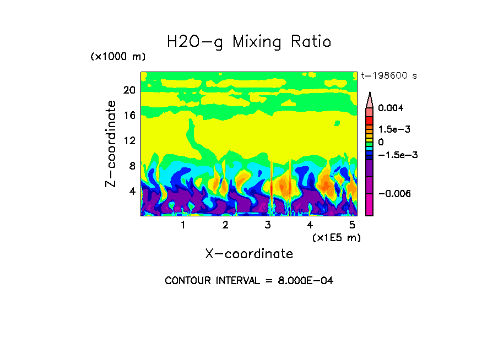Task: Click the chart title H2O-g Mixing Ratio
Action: point(249,42)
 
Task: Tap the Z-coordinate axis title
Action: point(111,144)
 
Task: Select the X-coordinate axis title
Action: point(249,254)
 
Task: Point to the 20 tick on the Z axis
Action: point(129,90)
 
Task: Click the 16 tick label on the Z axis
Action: point(129,115)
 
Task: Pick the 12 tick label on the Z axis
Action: point(129,140)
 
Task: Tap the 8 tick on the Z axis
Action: point(132,166)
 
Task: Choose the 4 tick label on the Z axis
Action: point(132,192)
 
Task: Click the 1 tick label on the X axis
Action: point(183,225)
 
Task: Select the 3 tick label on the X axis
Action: point(268,225)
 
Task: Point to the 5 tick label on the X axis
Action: point(353,225)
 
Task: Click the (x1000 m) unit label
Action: point(117,57)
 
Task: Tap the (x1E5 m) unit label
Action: point(337,237)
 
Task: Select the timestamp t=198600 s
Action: point(388,76)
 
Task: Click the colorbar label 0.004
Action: point(391,108)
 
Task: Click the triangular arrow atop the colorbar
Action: point(370,100)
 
